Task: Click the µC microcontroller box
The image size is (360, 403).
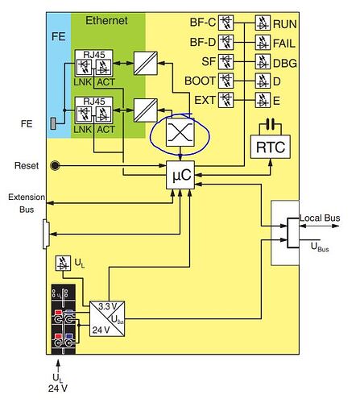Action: (x=180, y=175)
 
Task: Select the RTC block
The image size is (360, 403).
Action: (x=271, y=147)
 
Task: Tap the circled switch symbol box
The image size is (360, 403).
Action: (x=180, y=132)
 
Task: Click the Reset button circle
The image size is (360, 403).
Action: (x=55, y=165)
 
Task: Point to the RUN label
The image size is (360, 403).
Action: (x=285, y=24)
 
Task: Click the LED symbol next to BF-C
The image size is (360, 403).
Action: (x=226, y=23)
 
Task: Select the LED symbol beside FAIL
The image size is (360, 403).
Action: (x=263, y=43)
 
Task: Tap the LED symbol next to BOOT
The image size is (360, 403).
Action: (x=226, y=81)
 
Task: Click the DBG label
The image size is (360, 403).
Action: (x=285, y=64)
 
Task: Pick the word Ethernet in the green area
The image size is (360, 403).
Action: (x=106, y=21)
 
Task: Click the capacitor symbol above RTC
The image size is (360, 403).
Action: (x=271, y=124)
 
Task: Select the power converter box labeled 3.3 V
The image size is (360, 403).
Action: (x=107, y=318)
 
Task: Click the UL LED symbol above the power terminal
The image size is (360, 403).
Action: (x=63, y=263)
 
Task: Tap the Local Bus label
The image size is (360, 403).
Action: (x=320, y=218)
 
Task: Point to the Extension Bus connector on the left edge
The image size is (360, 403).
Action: (x=46, y=234)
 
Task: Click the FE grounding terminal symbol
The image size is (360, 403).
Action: (x=53, y=123)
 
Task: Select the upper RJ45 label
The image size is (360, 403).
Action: (x=94, y=55)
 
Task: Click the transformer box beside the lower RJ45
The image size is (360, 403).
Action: (x=146, y=110)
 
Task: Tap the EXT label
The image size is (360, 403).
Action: (x=205, y=101)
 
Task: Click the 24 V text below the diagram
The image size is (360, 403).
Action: (x=58, y=388)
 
